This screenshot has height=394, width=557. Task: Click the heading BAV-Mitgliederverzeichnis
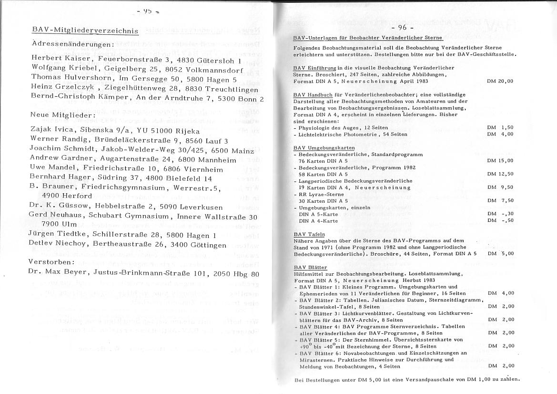pyautogui.click(x=85, y=31)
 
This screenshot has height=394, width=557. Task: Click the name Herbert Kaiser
pyautogui.click(x=62, y=59)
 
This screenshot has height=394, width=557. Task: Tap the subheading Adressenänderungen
pyautogui.click(x=72, y=43)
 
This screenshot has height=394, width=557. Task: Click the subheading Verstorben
pyautogui.click(x=51, y=262)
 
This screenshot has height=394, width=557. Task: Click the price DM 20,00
pyautogui.click(x=500, y=81)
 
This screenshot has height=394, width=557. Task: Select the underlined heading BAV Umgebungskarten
pyautogui.click(x=316, y=148)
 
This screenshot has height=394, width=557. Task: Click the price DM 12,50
pyautogui.click(x=500, y=174)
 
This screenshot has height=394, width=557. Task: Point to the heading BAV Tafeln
pyautogui.click(x=309, y=234)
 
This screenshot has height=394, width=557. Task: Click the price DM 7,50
pyautogui.click(x=500, y=201)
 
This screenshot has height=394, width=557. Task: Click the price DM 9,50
pyautogui.click(x=500, y=187)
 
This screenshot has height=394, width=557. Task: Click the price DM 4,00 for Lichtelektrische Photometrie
pyautogui.click(x=500, y=135)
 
